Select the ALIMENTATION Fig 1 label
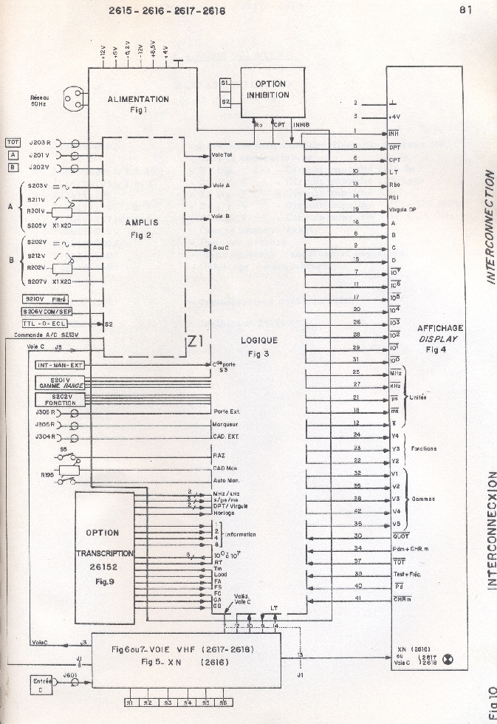[x=138, y=103]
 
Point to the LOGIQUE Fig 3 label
[x=259, y=346]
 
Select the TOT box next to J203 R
[x=13, y=142]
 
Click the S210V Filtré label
[x=46, y=298]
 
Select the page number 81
[x=465, y=10]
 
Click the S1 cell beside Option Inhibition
[x=226, y=86]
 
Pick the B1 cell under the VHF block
[x=129, y=703]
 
